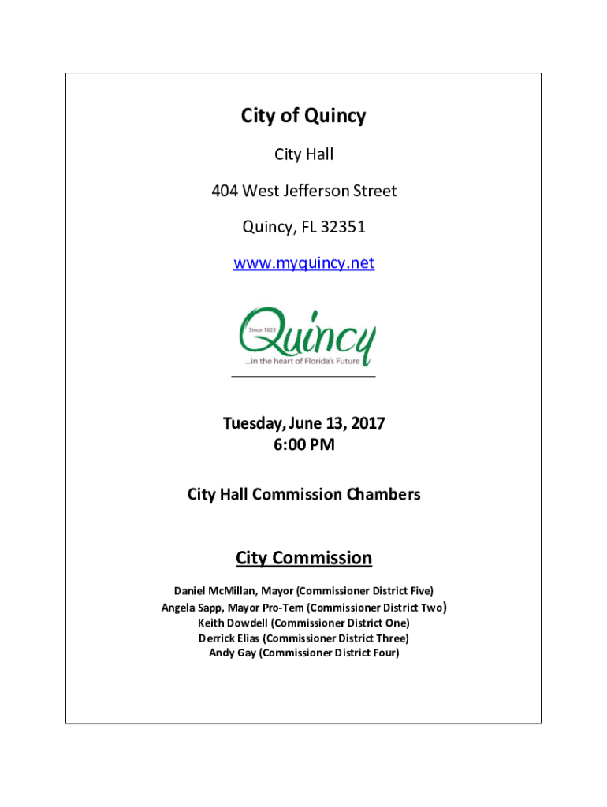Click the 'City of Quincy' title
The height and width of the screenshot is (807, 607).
(303, 117)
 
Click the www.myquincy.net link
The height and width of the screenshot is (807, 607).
(303, 263)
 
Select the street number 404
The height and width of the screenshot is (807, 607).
(224, 191)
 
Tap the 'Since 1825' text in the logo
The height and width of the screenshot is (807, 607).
(260, 329)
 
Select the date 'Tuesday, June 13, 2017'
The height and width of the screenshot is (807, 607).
(303, 423)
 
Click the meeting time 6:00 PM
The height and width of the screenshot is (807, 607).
(303, 445)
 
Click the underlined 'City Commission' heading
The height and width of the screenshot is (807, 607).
(303, 559)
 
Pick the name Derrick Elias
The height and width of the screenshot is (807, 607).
(229, 638)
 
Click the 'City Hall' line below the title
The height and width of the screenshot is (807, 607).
(303, 154)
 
